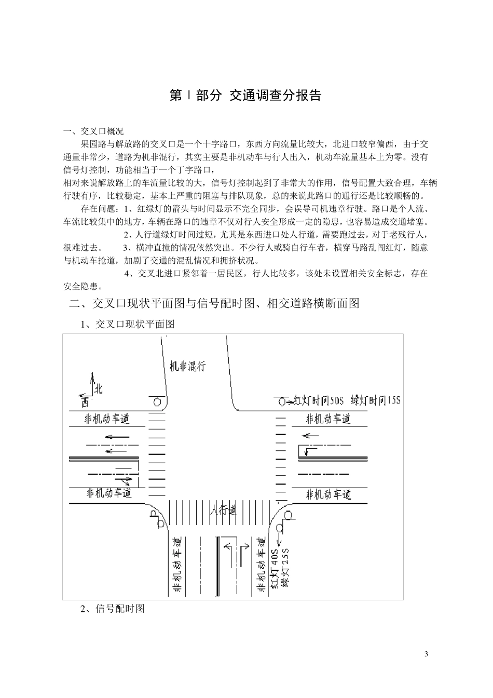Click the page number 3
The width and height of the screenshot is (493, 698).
point(427,654)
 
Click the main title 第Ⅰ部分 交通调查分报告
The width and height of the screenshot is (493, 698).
point(245,95)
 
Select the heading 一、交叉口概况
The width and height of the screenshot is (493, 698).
point(93,131)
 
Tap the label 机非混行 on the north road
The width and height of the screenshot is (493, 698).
point(188,366)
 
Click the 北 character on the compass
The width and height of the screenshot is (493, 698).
point(99,388)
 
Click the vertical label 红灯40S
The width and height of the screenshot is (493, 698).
point(275,570)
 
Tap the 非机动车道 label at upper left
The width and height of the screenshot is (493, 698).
point(107,419)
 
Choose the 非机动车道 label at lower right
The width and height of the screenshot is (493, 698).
point(328,494)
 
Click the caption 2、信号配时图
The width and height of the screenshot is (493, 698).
point(112,609)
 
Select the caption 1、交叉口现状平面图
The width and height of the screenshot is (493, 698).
point(128,324)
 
